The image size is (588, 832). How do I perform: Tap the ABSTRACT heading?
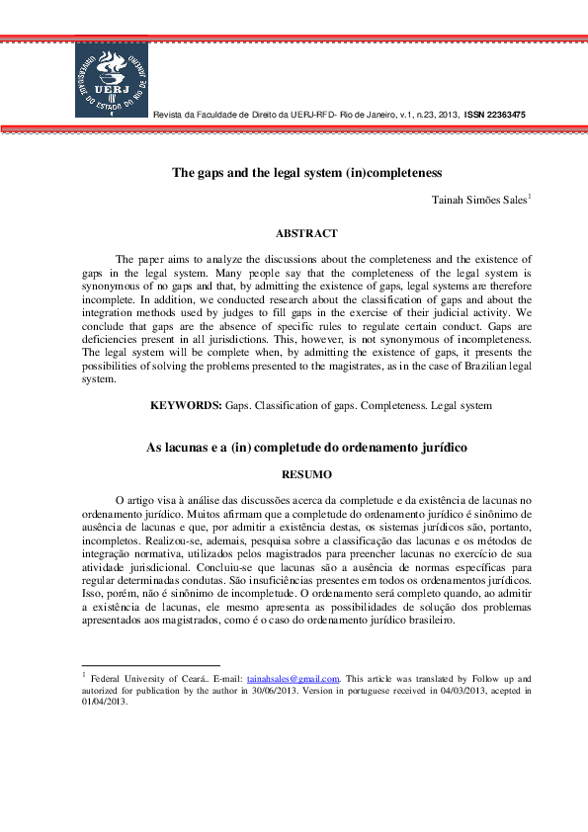pos(306,234)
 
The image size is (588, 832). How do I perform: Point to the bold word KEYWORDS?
pos(186,405)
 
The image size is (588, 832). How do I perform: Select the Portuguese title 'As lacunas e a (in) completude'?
pos(306,448)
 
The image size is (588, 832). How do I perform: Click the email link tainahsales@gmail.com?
pos(293,679)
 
